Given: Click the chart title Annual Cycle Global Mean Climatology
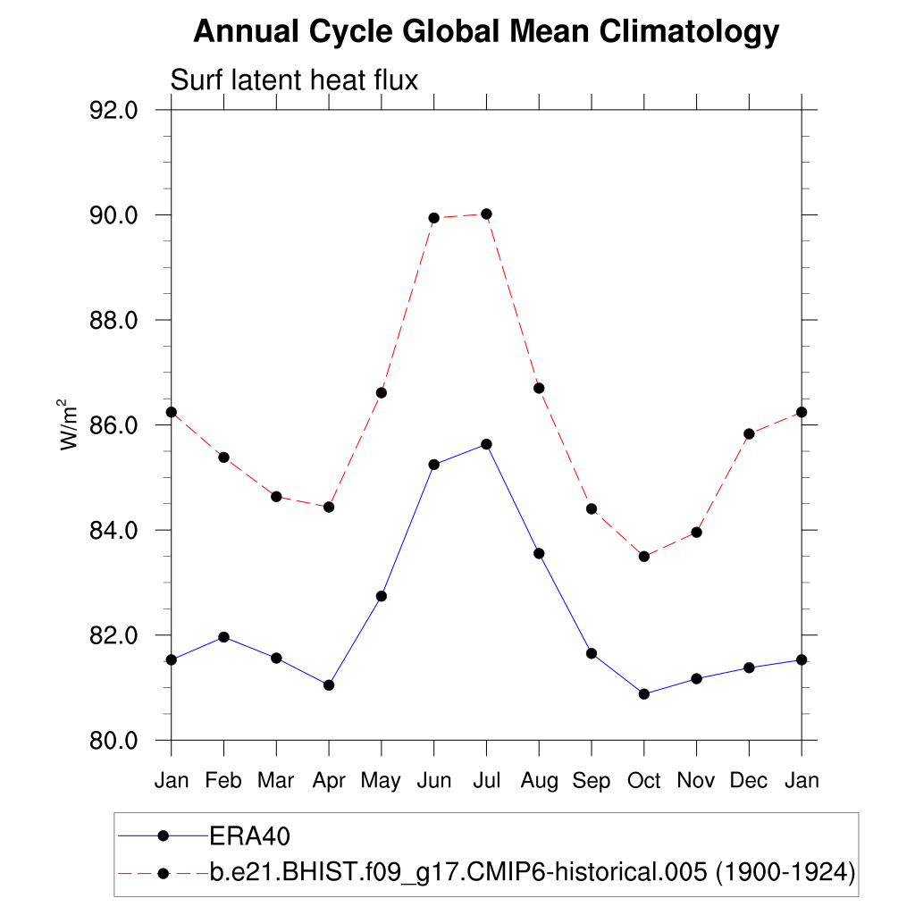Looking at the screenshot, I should [x=486, y=32].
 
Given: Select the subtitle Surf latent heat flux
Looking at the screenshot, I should [x=294, y=80].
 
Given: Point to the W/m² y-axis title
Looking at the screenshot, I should [x=70, y=425].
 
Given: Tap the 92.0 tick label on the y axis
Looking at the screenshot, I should [x=114, y=110].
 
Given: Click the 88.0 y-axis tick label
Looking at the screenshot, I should [x=114, y=320].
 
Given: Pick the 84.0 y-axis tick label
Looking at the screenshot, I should [x=114, y=530].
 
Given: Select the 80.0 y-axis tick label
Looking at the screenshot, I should [x=114, y=740].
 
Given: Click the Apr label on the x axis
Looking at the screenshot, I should [x=329, y=781].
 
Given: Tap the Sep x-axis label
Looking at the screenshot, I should [x=591, y=781].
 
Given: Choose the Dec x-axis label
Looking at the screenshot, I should [x=749, y=781].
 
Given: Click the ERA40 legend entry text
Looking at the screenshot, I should [x=251, y=836].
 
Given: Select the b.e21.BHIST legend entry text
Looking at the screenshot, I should [x=533, y=871].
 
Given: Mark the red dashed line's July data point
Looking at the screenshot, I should [x=486, y=214].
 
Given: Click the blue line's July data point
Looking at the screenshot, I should [x=486, y=444].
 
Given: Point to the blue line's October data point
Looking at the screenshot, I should [x=643, y=693].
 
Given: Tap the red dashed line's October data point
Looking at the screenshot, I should [x=643, y=556].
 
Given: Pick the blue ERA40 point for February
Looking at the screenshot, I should [x=223, y=637].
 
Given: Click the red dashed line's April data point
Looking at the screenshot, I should [x=329, y=507].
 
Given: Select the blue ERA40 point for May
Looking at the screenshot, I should [x=382, y=596].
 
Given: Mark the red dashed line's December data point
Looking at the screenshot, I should [x=749, y=434].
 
